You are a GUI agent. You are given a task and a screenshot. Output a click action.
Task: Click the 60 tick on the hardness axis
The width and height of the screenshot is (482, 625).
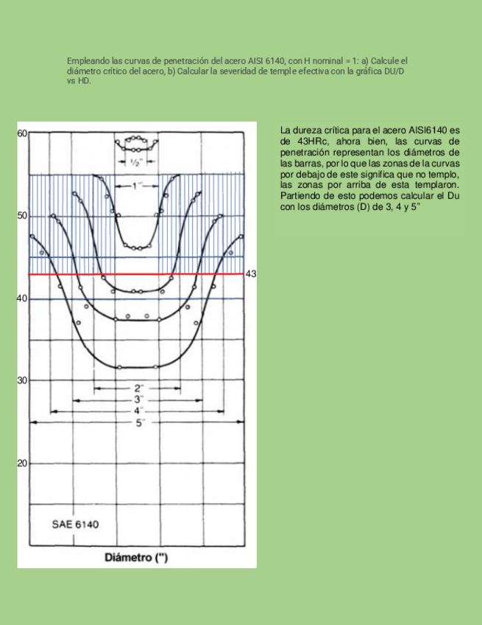click(22, 133)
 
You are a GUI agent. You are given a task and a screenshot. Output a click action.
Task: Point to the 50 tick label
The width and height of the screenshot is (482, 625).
click(22, 216)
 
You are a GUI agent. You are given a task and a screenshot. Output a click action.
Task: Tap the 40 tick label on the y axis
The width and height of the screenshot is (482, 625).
click(22, 298)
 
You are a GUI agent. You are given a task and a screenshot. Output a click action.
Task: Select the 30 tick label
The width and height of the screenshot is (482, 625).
click(22, 380)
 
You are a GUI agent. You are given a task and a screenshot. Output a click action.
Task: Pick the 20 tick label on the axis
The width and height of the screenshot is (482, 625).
click(22, 464)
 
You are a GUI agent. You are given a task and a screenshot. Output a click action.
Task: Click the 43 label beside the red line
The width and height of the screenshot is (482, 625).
click(250, 274)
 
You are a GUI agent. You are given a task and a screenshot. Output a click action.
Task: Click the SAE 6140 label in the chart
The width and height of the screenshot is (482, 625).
click(75, 526)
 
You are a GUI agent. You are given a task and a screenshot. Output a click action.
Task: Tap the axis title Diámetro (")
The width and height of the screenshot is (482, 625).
click(136, 557)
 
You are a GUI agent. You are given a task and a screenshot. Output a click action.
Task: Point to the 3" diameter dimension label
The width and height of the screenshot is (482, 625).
click(140, 399)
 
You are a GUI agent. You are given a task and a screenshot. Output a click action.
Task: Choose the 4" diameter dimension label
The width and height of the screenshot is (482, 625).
click(140, 411)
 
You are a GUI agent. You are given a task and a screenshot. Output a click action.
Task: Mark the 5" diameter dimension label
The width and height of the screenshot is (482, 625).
click(140, 422)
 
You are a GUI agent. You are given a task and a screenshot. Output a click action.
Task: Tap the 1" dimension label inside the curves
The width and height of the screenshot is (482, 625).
click(136, 184)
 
